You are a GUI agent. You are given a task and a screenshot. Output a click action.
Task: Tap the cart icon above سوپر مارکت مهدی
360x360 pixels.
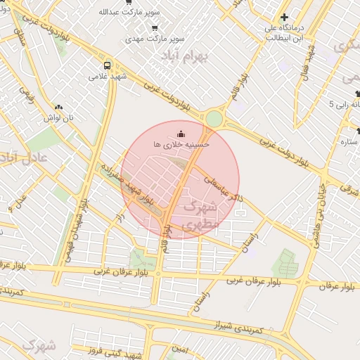click(154, 27)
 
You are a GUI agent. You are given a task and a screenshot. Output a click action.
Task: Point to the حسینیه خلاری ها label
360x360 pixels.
click(181, 143)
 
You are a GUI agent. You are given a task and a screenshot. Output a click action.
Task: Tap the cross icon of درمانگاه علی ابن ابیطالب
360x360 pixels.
click(284, 18)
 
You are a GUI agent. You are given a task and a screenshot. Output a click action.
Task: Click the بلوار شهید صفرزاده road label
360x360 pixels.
click(123, 186)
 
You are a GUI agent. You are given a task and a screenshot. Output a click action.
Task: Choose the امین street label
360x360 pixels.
click(181, 349)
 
